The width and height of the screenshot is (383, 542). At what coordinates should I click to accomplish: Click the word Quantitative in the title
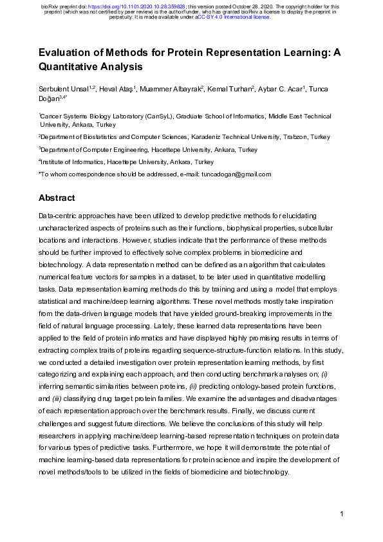pos(71,66)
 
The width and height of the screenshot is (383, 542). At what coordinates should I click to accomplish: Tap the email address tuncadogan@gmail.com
pos(236,174)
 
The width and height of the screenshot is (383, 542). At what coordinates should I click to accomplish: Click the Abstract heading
pos(57,198)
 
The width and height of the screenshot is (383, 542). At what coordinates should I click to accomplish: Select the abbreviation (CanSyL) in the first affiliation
pos(160,117)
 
